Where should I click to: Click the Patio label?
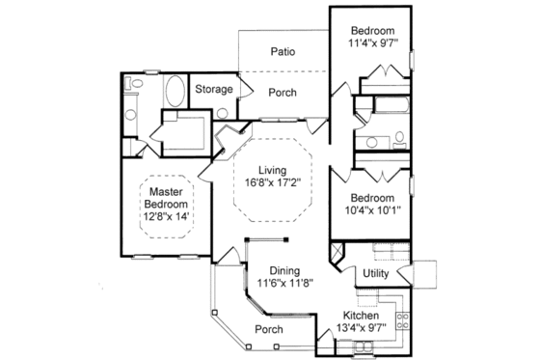click(283, 52)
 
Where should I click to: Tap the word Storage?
click(214, 90)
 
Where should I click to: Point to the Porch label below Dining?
click(269, 330)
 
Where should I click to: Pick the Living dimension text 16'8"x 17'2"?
click(273, 181)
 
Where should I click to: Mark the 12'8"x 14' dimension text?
click(166, 217)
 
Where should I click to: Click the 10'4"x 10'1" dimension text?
click(372, 208)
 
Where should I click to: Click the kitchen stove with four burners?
click(402, 318)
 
